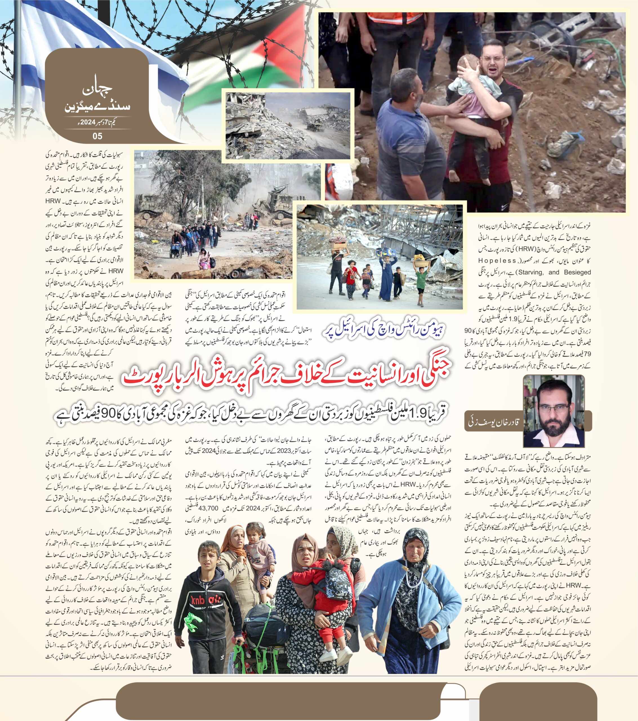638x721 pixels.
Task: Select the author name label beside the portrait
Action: [x=494, y=422]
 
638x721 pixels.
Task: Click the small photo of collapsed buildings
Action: [x=288, y=125]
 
